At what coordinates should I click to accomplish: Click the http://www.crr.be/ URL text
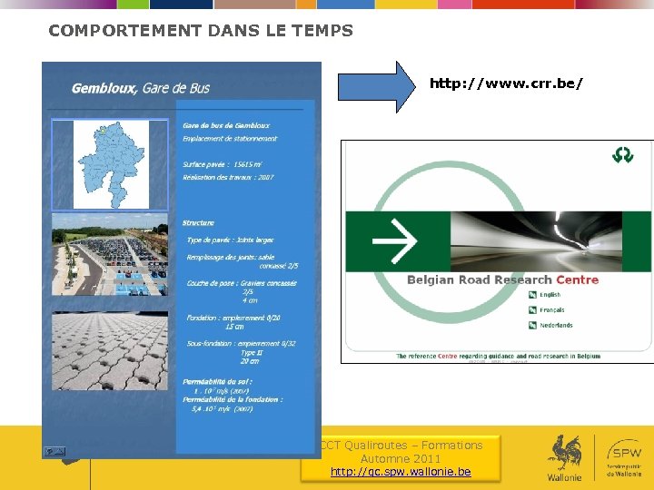pyautogui.click(x=506, y=83)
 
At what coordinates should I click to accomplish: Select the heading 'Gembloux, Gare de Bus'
pyautogui.click(x=141, y=88)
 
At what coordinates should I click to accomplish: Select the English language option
pyautogui.click(x=550, y=295)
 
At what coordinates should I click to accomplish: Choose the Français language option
pyautogui.click(x=550, y=309)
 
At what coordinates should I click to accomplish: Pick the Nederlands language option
pyautogui.click(x=555, y=325)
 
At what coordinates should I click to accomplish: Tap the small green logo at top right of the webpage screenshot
pyautogui.click(x=622, y=155)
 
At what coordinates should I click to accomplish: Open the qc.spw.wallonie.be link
pyautogui.click(x=401, y=472)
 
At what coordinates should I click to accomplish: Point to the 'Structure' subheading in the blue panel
pyautogui.click(x=198, y=222)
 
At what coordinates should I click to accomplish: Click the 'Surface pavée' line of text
pyautogui.click(x=222, y=164)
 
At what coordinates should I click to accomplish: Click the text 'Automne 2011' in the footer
pyautogui.click(x=401, y=458)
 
